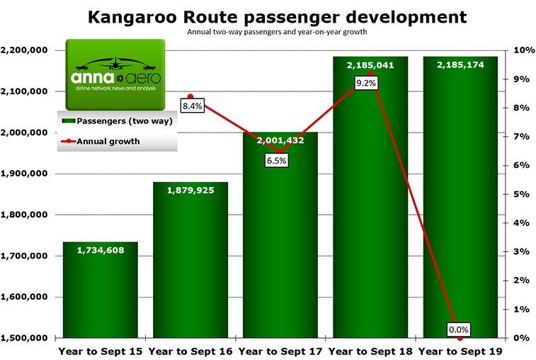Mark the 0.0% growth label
tap(458, 330)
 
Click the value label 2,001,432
tap(281, 141)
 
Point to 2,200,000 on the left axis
tap(25, 50)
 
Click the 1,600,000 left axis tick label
tap(25, 297)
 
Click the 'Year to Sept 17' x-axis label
tap(281, 350)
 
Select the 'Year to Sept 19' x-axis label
tap(461, 350)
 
